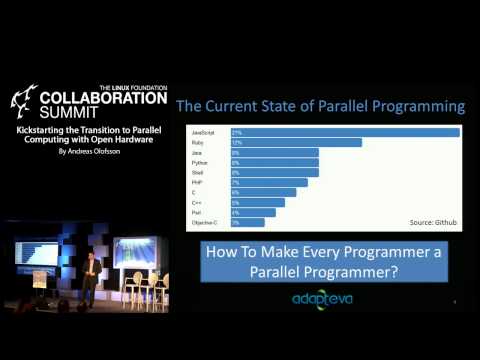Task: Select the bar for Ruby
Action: coord(296,143)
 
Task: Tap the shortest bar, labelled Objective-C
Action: coord(248,221)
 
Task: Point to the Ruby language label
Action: coord(197,143)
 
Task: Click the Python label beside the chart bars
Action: coord(198,162)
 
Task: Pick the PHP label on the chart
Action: coord(197,182)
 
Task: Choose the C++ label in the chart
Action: coord(196,202)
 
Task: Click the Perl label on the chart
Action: coord(196,212)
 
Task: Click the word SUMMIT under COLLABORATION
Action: coord(71,114)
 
